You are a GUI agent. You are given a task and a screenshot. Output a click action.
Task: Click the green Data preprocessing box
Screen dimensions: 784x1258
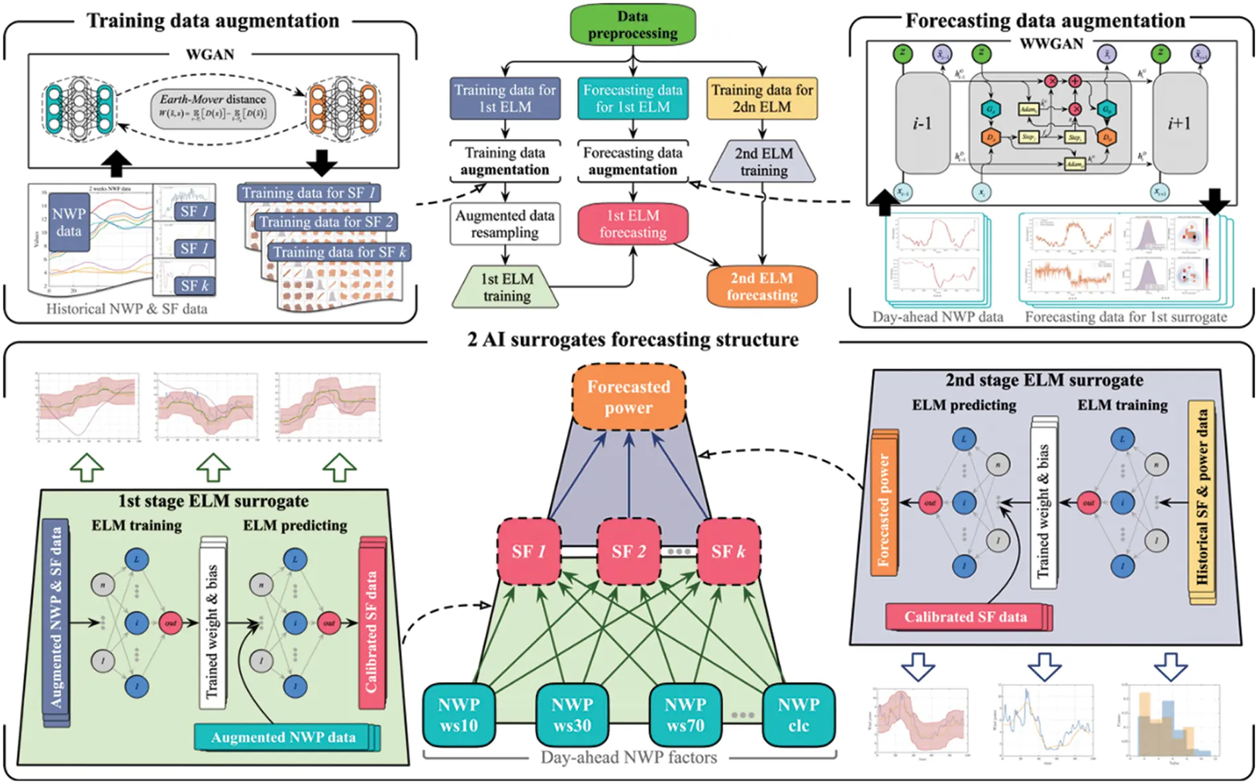(632, 25)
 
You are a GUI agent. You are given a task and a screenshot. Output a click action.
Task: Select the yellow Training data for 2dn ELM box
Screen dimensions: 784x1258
(761, 99)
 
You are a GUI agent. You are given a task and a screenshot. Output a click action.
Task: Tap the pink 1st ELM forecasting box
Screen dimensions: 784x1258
(632, 224)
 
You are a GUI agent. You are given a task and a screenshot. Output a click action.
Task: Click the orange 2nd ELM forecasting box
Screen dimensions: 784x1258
(761, 287)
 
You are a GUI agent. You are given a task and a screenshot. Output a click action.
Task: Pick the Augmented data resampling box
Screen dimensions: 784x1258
(505, 224)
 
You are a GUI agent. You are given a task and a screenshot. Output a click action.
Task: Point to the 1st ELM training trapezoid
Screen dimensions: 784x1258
(506, 287)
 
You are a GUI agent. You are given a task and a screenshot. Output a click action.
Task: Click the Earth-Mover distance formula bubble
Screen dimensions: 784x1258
(213, 108)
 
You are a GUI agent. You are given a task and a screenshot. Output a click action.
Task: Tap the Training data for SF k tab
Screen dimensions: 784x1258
(339, 252)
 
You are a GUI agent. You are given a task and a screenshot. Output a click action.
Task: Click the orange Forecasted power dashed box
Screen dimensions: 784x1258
(628, 397)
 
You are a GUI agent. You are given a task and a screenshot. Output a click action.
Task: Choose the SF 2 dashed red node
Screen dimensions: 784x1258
(628, 552)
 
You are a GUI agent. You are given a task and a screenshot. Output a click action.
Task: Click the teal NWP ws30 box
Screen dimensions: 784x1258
(572, 715)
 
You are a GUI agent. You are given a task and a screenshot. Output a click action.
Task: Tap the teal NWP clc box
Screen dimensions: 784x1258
(798, 715)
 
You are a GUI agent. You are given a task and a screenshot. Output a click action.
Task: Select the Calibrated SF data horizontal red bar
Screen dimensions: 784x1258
(966, 617)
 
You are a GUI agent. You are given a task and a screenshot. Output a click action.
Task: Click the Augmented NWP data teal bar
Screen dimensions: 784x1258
(283, 737)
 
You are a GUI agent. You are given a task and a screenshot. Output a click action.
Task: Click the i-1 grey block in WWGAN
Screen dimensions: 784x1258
(922, 124)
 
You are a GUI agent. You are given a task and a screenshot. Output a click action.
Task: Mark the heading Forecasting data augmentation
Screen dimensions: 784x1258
(1045, 21)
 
